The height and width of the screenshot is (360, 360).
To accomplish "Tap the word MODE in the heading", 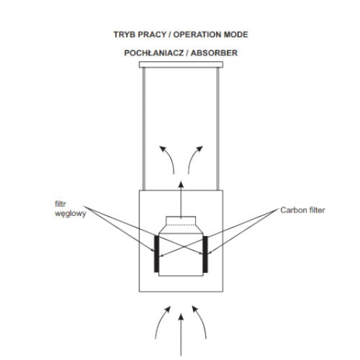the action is coord(236,35).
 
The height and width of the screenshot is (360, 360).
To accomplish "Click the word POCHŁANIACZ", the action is coord(154,53).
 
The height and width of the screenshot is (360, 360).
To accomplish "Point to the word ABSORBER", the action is coord(214,53).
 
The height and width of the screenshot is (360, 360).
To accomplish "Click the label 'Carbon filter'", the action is coord(302,210).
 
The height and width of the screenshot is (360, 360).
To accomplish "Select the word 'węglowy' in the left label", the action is coord(71,214).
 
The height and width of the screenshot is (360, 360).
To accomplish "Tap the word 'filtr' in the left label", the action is coord(60,204).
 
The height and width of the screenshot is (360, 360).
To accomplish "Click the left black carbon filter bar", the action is coord(156,254).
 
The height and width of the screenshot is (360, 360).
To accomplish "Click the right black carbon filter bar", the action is coord(205,254).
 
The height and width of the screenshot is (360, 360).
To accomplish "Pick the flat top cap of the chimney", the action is coord(181,65).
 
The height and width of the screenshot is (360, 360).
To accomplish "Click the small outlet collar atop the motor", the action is coord(181,221).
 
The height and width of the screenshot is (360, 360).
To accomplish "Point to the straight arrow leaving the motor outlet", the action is coord(181,200).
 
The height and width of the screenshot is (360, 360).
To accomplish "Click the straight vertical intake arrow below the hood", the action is coord(181,335).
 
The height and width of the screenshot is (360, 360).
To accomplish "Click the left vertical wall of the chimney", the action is coord(144,129).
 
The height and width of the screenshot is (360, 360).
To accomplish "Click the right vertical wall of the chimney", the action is coord(218,129).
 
